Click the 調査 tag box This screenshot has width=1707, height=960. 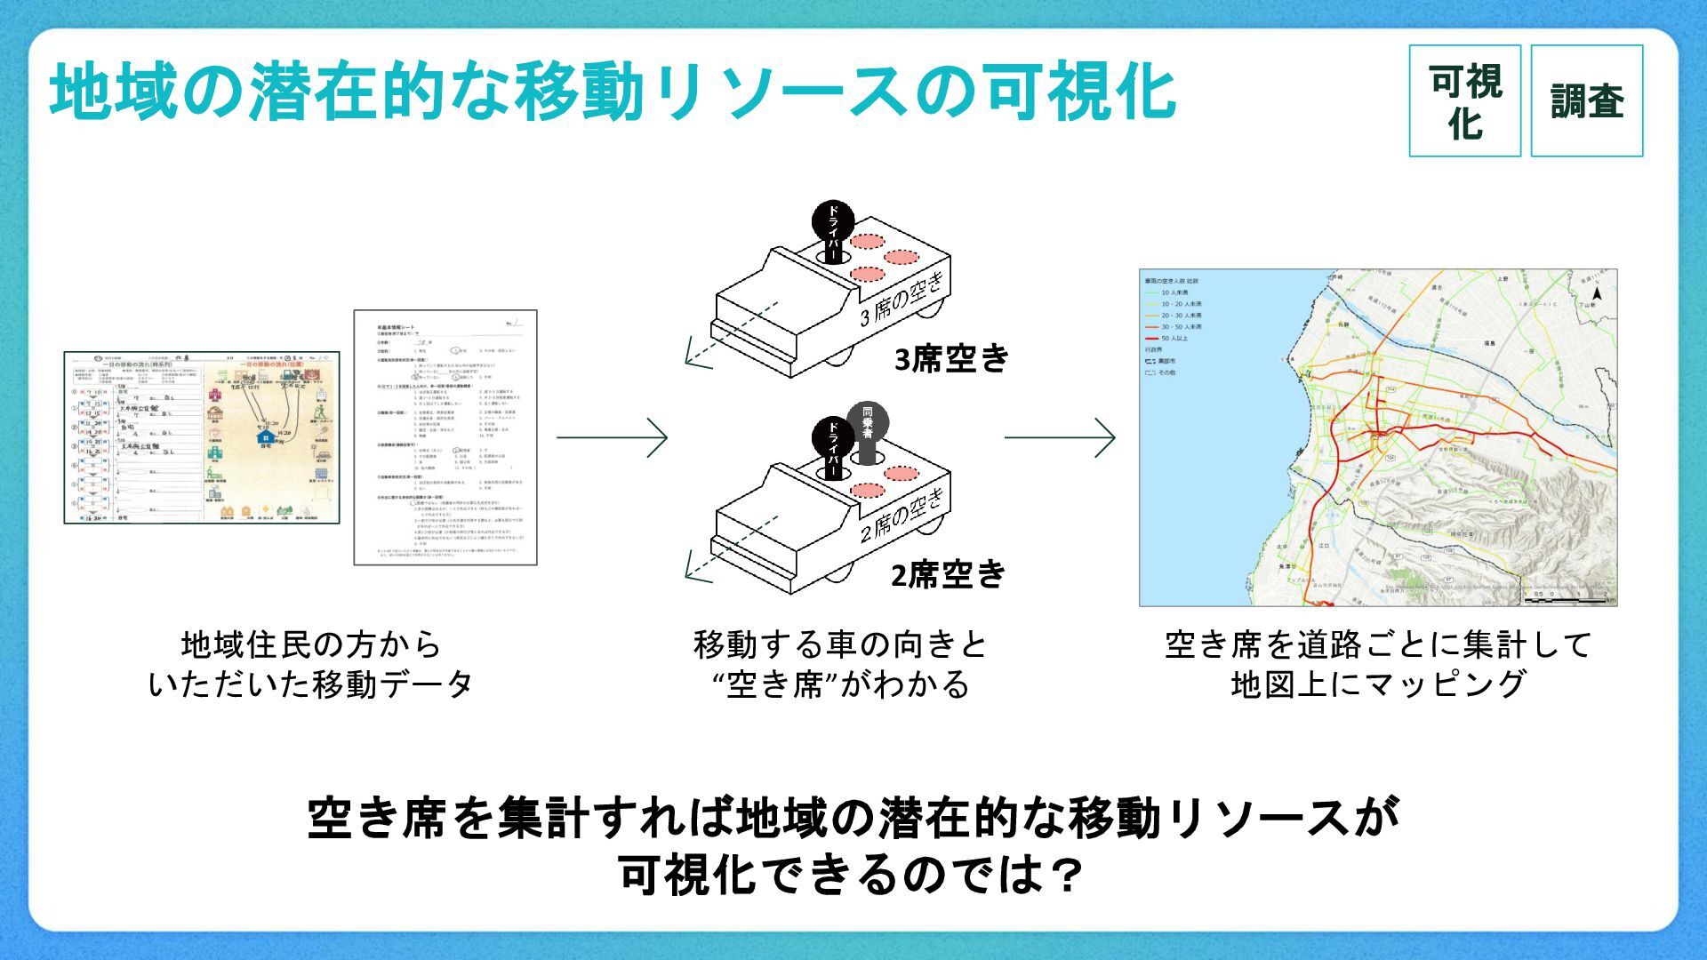[x=1586, y=101]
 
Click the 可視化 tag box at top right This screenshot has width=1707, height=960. [x=1464, y=101]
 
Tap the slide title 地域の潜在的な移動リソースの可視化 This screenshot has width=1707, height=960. [x=613, y=91]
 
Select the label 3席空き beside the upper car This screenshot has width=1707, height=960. [x=951, y=358]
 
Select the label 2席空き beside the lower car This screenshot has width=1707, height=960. [x=948, y=575]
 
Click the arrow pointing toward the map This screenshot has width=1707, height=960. [x=1060, y=436]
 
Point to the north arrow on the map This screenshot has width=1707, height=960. [x=1597, y=294]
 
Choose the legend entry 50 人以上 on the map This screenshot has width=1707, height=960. [x=1174, y=339]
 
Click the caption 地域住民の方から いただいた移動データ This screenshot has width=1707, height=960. [x=309, y=664]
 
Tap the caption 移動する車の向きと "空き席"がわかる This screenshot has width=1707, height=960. [x=840, y=664]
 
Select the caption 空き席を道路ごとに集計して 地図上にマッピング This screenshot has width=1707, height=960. [x=1378, y=664]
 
